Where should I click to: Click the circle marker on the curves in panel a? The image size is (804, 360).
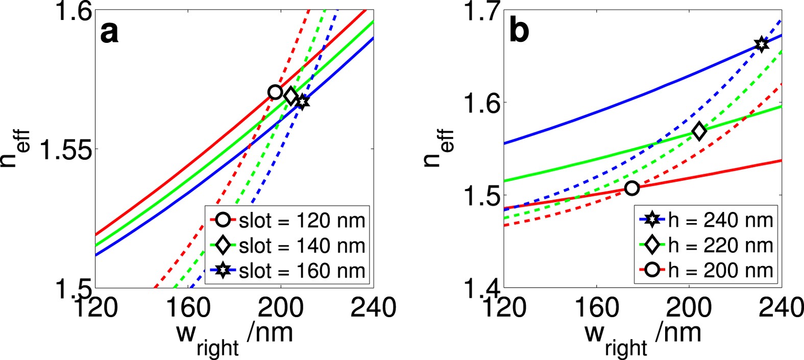275,92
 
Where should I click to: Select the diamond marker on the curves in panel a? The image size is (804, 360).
290,96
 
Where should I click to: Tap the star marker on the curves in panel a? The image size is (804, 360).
302,102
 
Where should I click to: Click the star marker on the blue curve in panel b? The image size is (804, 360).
762,44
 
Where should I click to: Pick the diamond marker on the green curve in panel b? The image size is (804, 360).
699,131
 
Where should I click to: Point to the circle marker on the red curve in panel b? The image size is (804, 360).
632,188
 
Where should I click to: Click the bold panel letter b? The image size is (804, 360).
519,32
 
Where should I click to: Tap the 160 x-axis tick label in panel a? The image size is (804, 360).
188,308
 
